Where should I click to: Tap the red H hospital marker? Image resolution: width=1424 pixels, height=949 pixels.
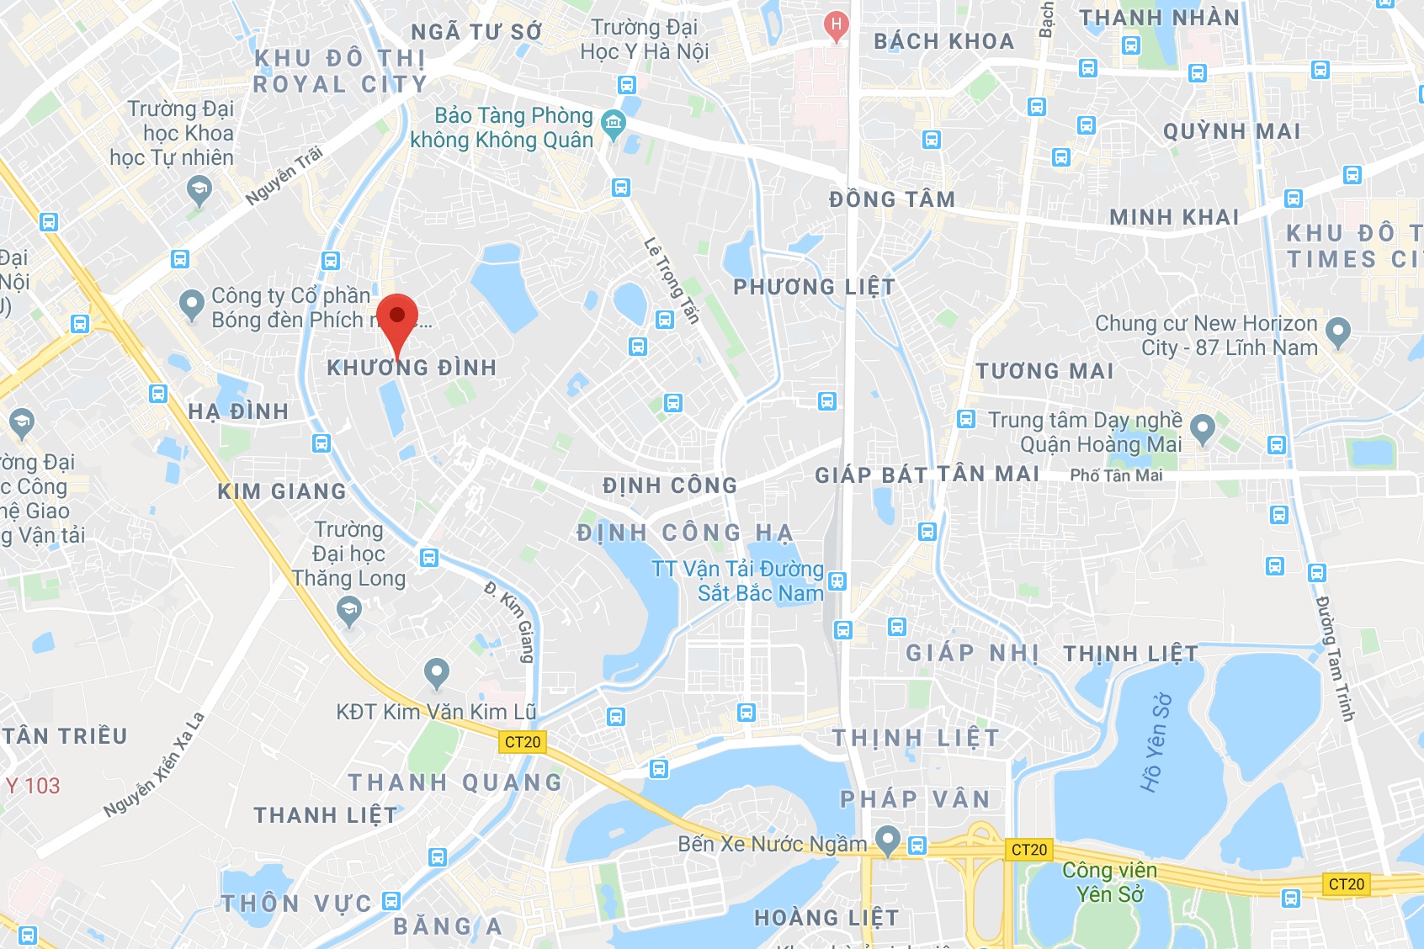click(836, 25)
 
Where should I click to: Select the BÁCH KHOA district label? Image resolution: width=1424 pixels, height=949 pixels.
click(943, 41)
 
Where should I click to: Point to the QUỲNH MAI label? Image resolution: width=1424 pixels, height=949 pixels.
click(1231, 131)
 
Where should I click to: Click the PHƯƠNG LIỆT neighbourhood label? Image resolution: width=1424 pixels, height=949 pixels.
click(814, 287)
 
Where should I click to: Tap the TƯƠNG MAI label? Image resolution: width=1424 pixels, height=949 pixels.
click(1044, 371)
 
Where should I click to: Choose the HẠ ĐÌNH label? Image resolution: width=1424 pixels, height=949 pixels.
click(238, 411)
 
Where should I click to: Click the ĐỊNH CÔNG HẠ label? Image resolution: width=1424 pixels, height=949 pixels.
click(685, 533)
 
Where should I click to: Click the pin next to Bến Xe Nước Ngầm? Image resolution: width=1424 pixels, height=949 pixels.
click(887, 840)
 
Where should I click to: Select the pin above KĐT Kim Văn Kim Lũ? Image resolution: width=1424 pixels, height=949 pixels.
click(436, 672)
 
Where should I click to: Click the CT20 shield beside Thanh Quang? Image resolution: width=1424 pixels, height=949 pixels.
click(523, 742)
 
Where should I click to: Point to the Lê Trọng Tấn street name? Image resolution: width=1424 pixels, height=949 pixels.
click(672, 280)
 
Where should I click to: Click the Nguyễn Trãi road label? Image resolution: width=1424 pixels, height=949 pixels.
click(284, 176)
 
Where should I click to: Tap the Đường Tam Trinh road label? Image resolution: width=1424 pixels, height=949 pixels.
click(1335, 658)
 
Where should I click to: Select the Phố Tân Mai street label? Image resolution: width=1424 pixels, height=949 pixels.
click(1116, 475)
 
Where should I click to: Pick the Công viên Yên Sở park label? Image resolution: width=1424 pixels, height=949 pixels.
click(1109, 882)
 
